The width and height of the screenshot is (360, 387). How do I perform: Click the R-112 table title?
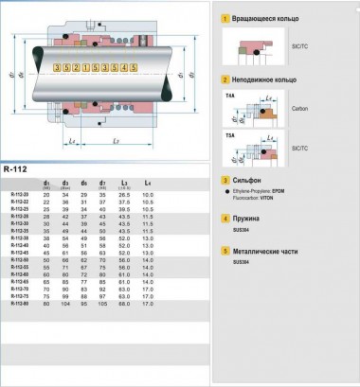(16, 169)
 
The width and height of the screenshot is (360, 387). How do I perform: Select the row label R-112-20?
(19, 194)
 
